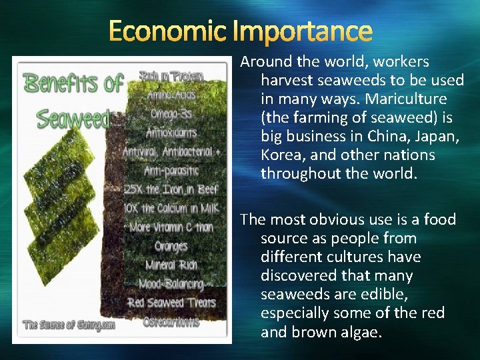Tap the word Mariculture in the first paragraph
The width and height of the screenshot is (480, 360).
pos(398,99)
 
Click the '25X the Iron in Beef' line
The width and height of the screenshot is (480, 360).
pos(172,189)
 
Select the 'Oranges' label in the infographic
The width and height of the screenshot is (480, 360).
pos(171,246)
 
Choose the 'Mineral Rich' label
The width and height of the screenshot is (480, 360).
pos(171,265)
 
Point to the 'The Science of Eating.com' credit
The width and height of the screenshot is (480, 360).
pos(69,325)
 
